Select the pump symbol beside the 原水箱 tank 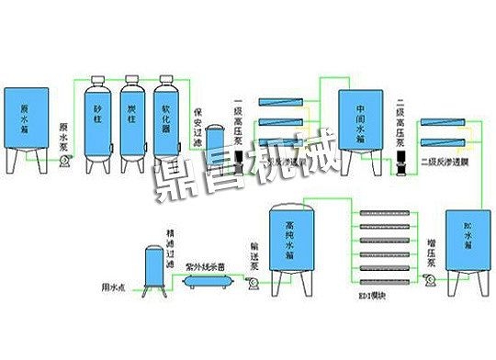pyautogui.click(x=64, y=161)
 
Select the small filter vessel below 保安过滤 pyautogui.click(x=215, y=147)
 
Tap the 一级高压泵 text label pyautogui.click(x=238, y=123)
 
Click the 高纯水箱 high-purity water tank pyautogui.click(x=292, y=243)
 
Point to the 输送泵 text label pyautogui.click(x=254, y=252)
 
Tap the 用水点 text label pyautogui.click(x=112, y=287)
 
